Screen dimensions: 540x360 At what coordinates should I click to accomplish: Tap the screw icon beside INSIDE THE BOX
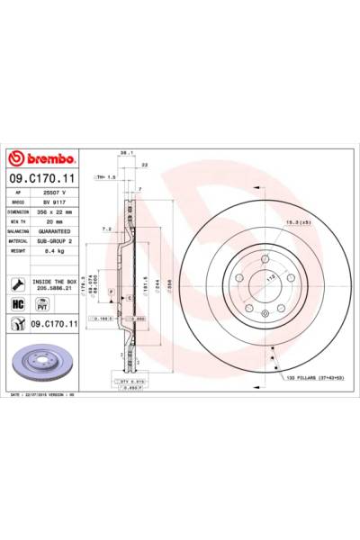pyautogui.click(x=18, y=283)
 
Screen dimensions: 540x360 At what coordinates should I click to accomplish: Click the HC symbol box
pyautogui.click(x=18, y=305)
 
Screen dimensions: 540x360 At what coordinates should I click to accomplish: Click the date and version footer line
pyautogui.click(x=45, y=393)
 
